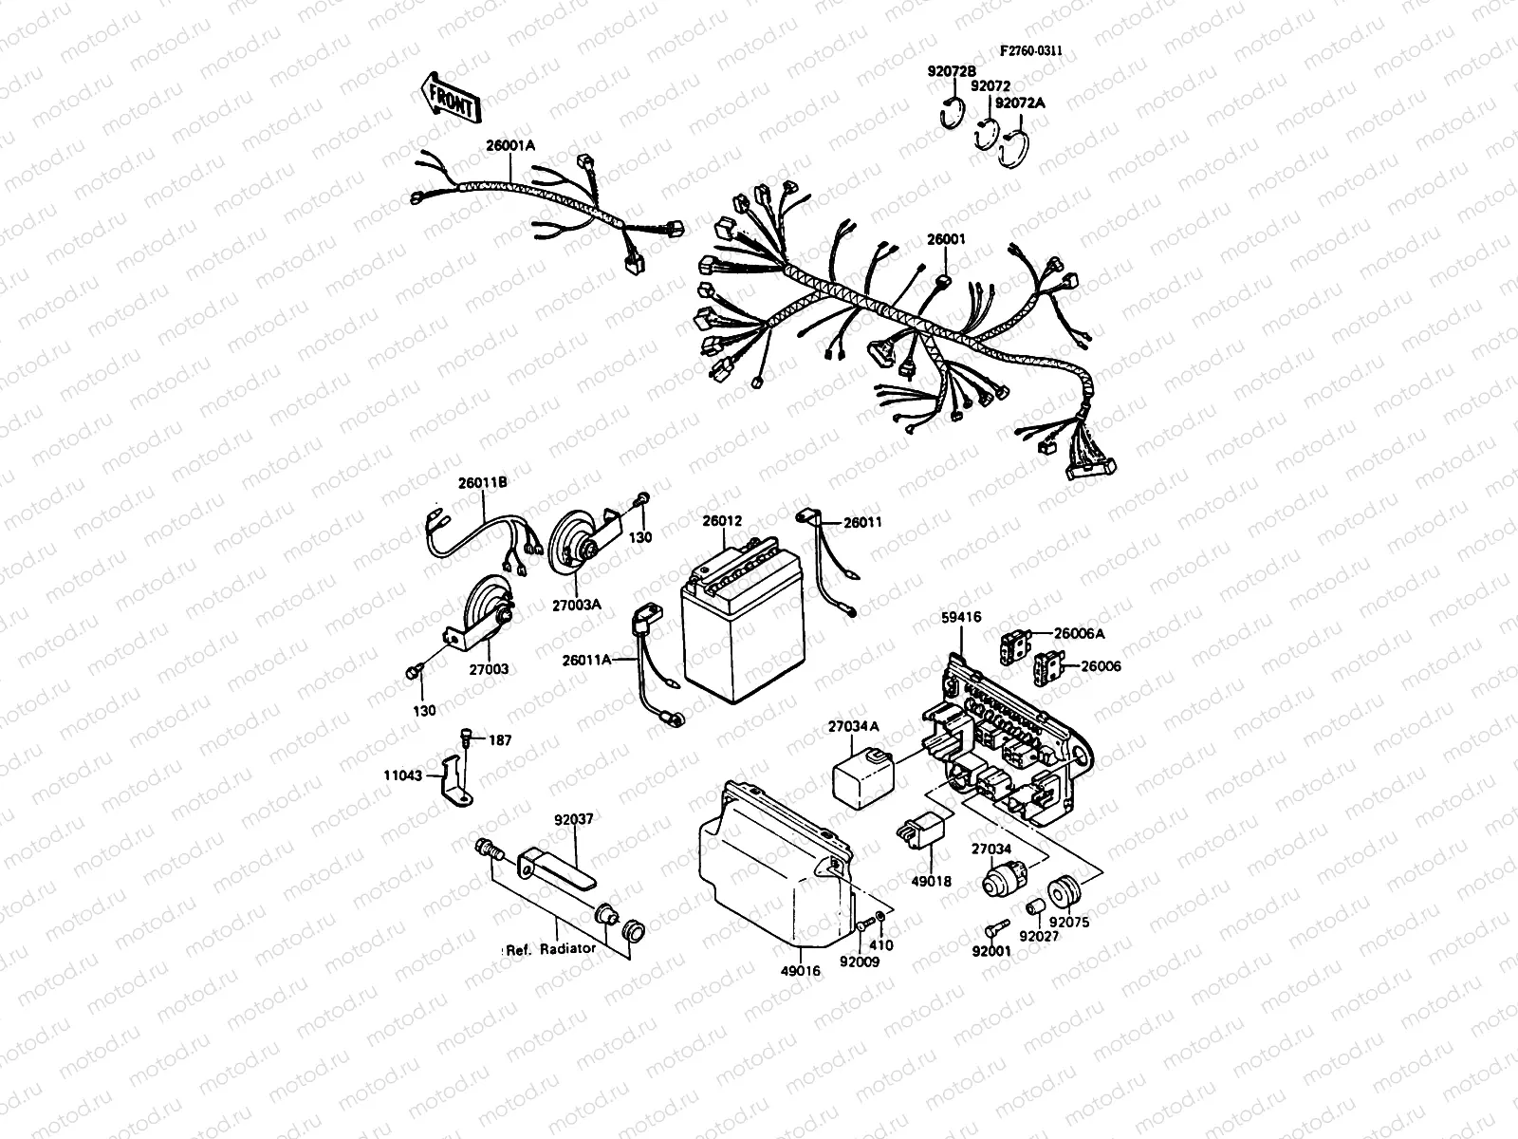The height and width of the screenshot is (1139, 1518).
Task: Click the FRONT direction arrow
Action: (x=451, y=99)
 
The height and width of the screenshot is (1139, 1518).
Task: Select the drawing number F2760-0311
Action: (x=1031, y=50)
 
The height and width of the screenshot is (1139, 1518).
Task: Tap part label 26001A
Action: (x=510, y=145)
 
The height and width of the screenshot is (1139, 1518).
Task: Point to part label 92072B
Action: (x=952, y=71)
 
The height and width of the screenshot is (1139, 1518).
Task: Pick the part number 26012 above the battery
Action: (x=722, y=521)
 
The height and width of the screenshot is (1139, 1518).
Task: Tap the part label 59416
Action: (x=960, y=617)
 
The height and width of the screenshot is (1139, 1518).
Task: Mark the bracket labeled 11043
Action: (x=455, y=781)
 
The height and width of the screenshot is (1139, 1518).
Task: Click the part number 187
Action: (x=500, y=740)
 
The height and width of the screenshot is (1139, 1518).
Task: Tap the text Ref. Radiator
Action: (x=550, y=949)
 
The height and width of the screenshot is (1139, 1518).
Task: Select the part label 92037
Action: (x=573, y=819)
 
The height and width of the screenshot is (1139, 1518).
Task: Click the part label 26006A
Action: (x=1079, y=633)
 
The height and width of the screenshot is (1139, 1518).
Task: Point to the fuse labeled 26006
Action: (x=1046, y=667)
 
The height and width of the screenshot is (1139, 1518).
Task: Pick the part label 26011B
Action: (x=482, y=483)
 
